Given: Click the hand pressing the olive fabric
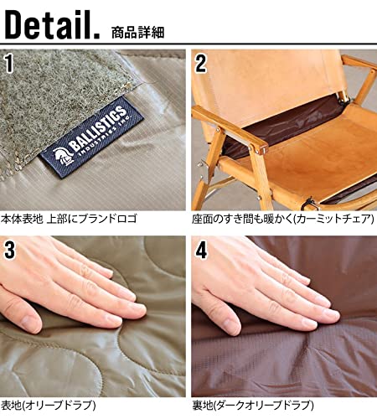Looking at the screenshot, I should tap(84, 293).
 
